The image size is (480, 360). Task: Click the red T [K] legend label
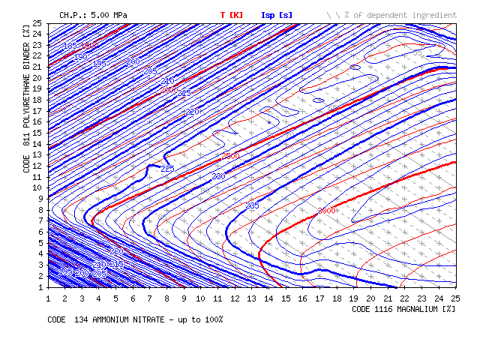pos(232,15)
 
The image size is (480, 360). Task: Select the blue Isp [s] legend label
pos(277,15)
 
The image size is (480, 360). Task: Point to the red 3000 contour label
pos(326,211)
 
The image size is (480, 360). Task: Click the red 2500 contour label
pos(231,156)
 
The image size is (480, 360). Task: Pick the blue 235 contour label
pos(253,205)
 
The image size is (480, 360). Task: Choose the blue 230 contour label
pos(218,177)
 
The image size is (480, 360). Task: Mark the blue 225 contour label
pos(167,169)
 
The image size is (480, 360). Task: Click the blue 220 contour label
pos(192,112)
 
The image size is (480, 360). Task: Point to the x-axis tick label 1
pos(49,298)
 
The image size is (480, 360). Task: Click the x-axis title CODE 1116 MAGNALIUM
pos(403,308)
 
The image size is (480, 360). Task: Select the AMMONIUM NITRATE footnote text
pos(135,319)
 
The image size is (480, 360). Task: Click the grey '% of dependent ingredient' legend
pos(391,15)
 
